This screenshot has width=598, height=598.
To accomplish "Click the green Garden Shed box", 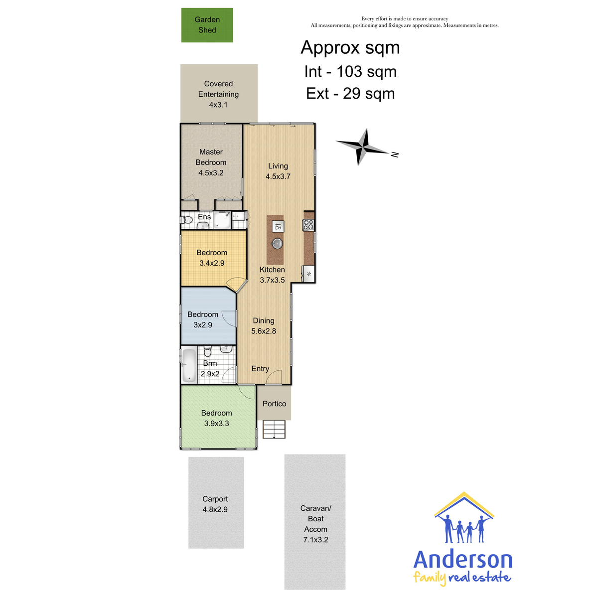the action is tap(207, 25).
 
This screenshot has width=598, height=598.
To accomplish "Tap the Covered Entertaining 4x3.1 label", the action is tap(218, 94).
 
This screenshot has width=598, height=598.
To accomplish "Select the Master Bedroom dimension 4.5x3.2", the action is tap(211, 173).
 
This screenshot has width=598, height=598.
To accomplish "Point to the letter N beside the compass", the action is tap(395, 154).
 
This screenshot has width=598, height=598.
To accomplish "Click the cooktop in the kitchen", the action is tap(308, 225).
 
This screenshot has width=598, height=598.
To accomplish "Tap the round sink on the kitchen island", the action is tap(278, 244).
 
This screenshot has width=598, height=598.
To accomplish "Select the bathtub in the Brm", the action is tap(189, 365).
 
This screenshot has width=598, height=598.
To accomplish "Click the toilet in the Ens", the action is tap(187, 220).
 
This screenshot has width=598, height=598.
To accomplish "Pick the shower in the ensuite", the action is tap(222, 220).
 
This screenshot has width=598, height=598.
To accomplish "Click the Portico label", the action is tap(274, 404).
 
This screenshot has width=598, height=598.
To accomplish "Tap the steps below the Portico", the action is tap(274, 429).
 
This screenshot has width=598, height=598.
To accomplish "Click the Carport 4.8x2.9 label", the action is tap(215, 504).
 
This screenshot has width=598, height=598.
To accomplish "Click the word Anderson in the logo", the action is tap(462, 560).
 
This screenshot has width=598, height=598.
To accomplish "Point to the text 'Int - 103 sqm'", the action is tap(350, 72).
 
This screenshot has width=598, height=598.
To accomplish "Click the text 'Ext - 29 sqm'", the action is tap(350, 93).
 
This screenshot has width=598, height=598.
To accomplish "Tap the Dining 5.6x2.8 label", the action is tap(264, 325).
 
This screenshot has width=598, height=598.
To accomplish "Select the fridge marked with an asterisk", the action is tap(309, 274).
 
